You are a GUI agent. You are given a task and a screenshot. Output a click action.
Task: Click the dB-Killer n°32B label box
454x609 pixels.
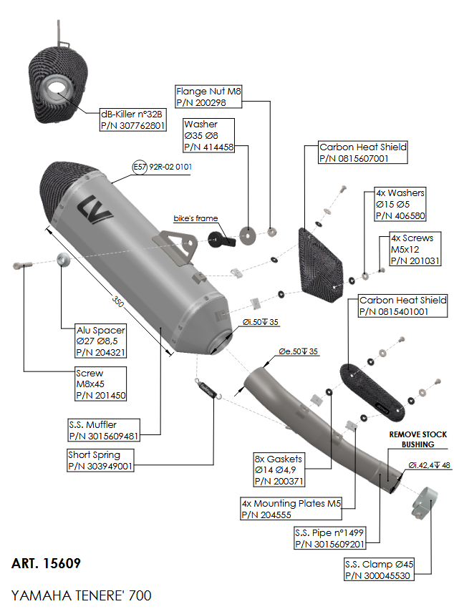pyautogui.click(x=133, y=120)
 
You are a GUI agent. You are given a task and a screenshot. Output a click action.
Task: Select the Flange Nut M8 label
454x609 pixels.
pyautogui.click(x=208, y=97)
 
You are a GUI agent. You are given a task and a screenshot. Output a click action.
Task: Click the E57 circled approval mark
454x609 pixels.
pyautogui.click(x=140, y=167)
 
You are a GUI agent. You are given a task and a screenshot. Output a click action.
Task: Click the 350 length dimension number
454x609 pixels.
pyautogui.click(x=117, y=301)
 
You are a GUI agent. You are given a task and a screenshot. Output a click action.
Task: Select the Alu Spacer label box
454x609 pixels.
pyautogui.click(x=101, y=341)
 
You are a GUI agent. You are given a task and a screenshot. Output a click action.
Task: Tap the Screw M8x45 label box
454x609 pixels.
pyautogui.click(x=101, y=384)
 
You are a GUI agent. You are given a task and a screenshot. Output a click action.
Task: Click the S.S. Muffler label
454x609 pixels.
pyautogui.click(x=104, y=430)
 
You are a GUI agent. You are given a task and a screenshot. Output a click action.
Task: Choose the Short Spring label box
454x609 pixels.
pyautogui.click(x=100, y=460)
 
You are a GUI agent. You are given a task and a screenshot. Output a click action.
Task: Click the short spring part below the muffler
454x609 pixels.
pyautogui.click(x=208, y=389)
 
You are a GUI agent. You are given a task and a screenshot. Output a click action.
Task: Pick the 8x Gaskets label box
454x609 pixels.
pyautogui.click(x=279, y=469)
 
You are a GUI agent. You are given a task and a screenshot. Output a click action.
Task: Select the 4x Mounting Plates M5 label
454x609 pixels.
pyautogui.click(x=291, y=509)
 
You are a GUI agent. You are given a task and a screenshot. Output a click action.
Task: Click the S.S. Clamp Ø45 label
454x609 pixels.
pyautogui.click(x=379, y=570)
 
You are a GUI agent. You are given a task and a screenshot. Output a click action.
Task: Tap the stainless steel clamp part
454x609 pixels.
pyautogui.click(x=425, y=503)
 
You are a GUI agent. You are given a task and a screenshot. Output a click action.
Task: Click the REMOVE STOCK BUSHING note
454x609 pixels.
pyautogui.click(x=418, y=439)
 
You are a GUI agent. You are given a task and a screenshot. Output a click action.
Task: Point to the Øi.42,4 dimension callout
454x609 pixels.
pyautogui.click(x=429, y=465)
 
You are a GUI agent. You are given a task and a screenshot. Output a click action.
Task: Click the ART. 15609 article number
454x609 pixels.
pyautogui.click(x=46, y=563)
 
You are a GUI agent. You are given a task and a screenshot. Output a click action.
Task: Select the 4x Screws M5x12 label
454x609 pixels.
pyautogui.click(x=415, y=249)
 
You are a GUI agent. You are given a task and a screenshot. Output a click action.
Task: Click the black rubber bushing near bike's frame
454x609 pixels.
pyautogui.click(x=221, y=239)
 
